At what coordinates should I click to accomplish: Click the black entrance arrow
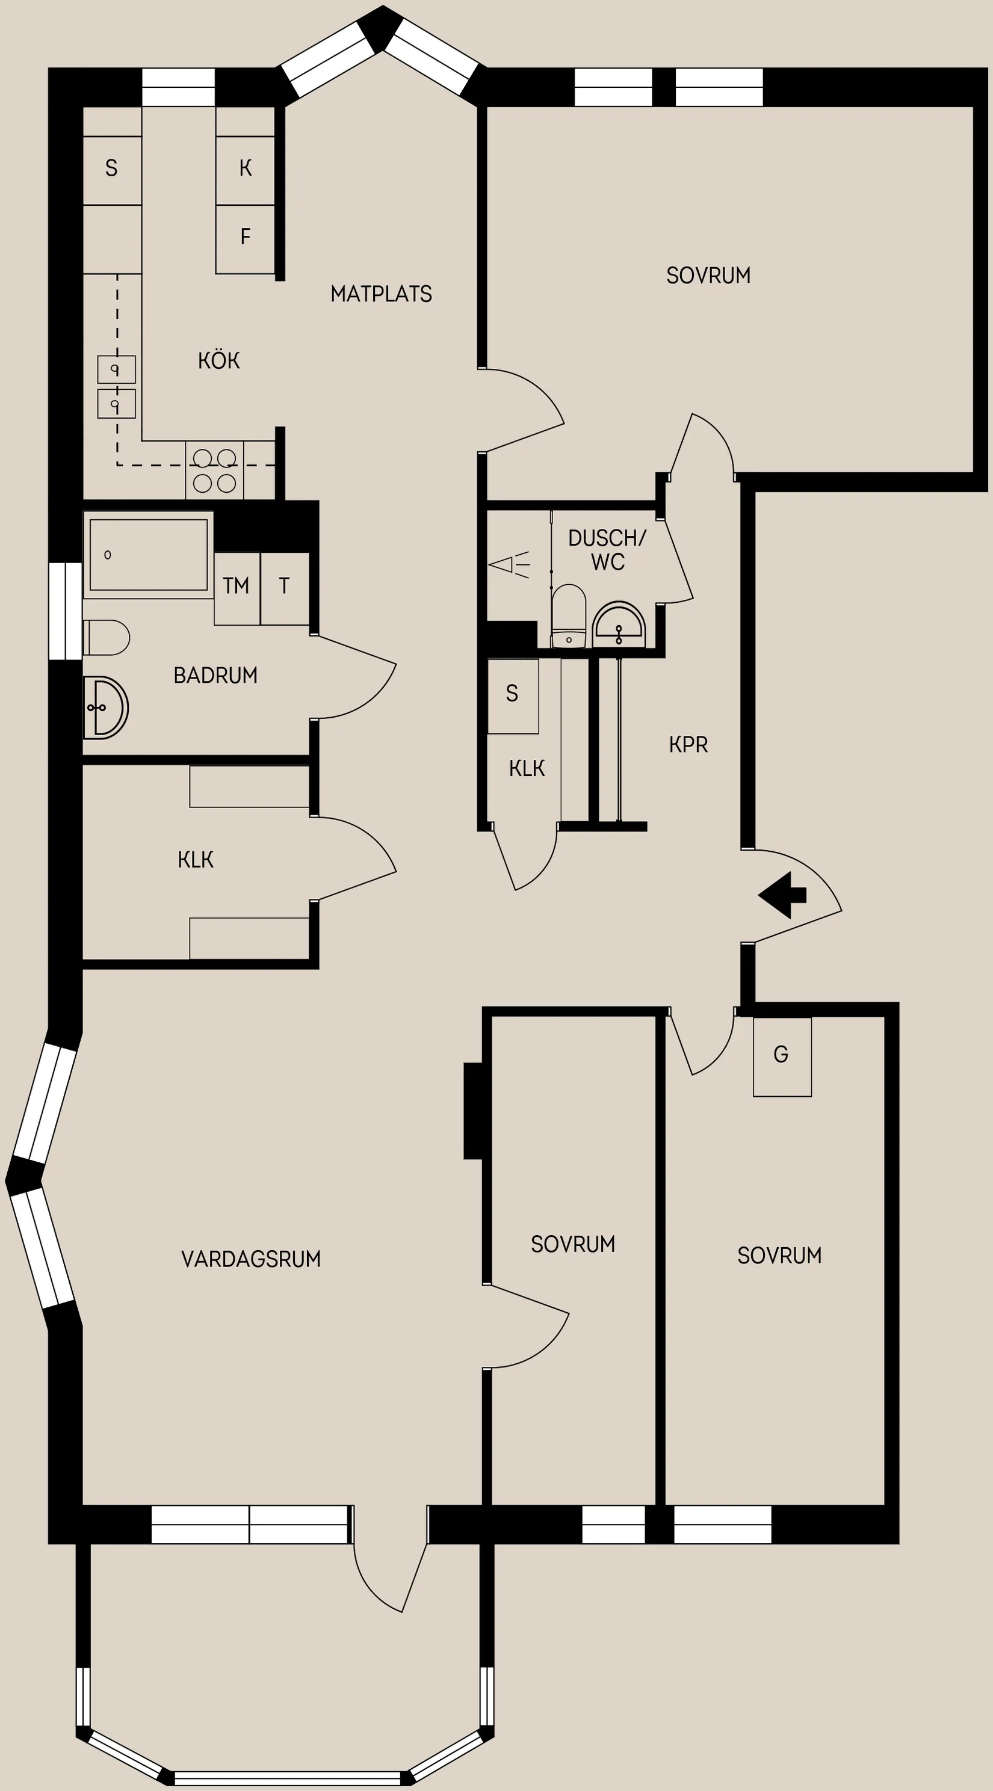tap(782, 895)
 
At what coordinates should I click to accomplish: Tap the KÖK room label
tap(219, 360)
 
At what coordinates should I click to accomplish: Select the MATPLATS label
tap(381, 294)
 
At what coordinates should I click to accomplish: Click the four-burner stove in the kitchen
tap(214, 470)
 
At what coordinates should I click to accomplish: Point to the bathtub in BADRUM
tap(148, 555)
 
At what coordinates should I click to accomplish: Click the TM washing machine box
tap(237, 588)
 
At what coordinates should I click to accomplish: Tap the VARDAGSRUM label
tap(251, 1259)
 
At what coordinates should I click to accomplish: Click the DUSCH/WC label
tap(607, 550)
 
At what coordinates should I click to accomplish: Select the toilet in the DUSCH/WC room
tap(569, 616)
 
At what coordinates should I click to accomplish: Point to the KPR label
tap(688, 745)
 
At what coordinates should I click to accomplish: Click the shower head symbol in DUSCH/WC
tap(510, 564)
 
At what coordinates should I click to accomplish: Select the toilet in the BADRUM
tap(107, 638)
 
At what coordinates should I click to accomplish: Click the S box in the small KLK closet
tap(513, 696)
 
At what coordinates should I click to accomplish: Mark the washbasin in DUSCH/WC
tap(619, 625)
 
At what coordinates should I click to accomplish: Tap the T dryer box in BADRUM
tap(285, 588)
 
